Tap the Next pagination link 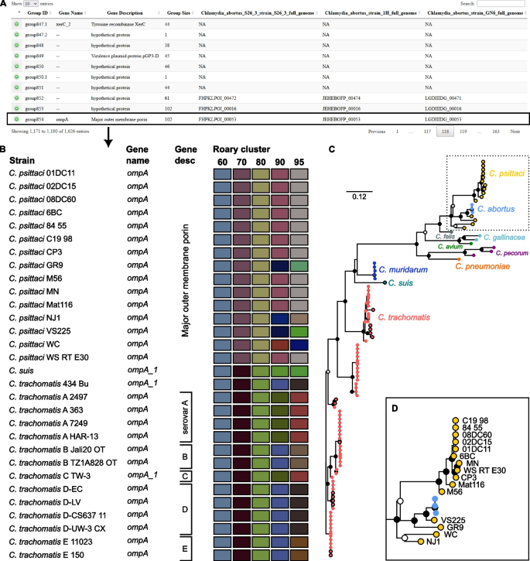(515, 132)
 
